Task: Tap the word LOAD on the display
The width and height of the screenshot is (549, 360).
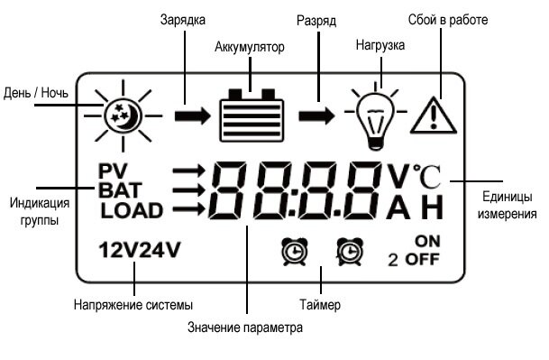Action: point(132,211)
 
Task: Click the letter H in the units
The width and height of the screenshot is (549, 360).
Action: point(433,209)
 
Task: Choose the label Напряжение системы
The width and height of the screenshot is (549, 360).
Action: point(133,306)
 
